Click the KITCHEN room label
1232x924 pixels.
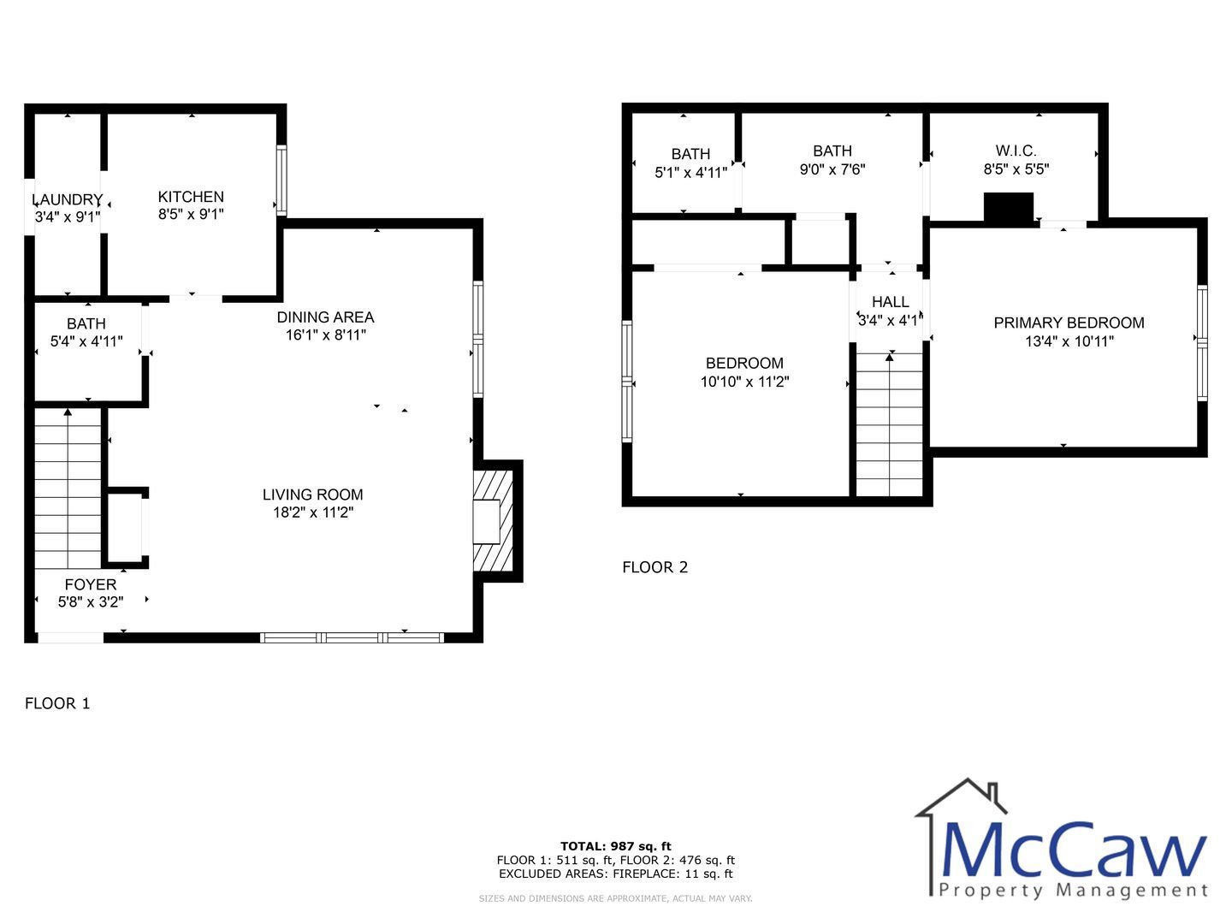(191, 197)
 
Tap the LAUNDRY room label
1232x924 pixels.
(68, 199)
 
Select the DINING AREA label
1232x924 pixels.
(326, 317)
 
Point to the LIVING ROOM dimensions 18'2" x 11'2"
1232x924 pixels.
(313, 512)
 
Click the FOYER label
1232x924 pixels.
(91, 584)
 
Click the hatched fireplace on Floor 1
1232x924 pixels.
(494, 521)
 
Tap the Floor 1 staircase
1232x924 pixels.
(68, 489)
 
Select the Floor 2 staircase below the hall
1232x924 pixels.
(890, 424)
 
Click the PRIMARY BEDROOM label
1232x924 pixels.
(1069, 323)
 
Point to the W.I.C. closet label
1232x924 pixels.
(1016, 151)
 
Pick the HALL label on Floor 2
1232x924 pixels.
(891, 302)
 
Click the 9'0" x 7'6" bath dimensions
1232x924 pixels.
(832, 169)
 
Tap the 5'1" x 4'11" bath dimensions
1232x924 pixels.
(691, 172)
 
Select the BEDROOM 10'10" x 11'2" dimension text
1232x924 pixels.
(745, 382)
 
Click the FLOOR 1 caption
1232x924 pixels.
(57, 703)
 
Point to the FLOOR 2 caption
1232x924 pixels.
(655, 567)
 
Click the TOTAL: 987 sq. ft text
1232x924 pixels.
(616, 846)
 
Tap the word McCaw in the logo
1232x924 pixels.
(1075, 850)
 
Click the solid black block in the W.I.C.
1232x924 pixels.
(1009, 208)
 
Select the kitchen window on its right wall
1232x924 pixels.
(281, 180)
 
